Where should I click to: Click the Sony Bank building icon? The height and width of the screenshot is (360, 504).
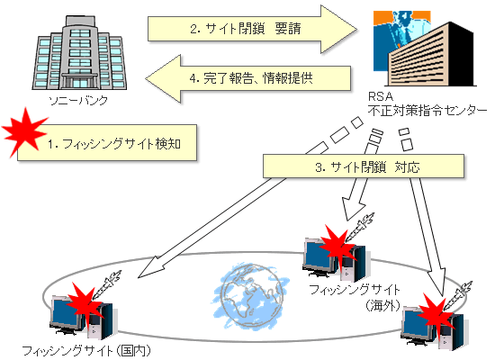(79, 52)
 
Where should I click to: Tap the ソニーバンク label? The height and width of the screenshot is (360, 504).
(78, 101)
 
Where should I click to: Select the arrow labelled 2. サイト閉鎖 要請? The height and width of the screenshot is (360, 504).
(252, 29)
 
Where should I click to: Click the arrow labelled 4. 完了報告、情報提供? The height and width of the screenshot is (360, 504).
(247, 79)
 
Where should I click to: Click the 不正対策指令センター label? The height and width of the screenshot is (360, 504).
(427, 111)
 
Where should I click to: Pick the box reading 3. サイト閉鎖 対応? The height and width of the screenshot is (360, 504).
(364, 166)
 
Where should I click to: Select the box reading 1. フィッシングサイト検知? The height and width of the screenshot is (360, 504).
(107, 143)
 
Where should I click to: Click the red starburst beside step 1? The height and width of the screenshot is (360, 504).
(24, 133)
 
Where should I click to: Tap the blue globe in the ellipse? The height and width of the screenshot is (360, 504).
(251, 297)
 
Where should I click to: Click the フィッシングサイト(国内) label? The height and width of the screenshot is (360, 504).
(86, 351)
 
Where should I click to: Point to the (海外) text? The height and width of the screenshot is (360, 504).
(382, 305)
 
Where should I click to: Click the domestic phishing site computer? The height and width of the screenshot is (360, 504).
(82, 317)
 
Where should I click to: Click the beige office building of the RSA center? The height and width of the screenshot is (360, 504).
(431, 55)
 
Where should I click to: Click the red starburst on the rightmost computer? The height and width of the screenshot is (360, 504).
(437, 310)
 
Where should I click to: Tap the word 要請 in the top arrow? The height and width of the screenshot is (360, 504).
(288, 29)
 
